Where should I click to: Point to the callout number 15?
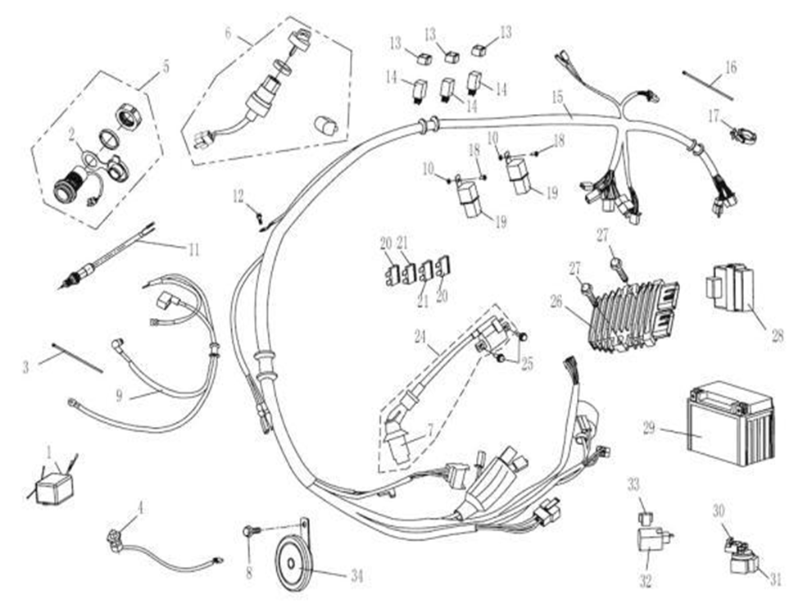(x=557, y=98)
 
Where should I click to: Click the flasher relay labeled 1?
(x=54, y=486)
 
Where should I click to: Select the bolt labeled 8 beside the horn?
(x=247, y=532)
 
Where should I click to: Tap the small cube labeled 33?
(x=644, y=518)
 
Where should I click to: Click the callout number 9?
(x=120, y=396)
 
